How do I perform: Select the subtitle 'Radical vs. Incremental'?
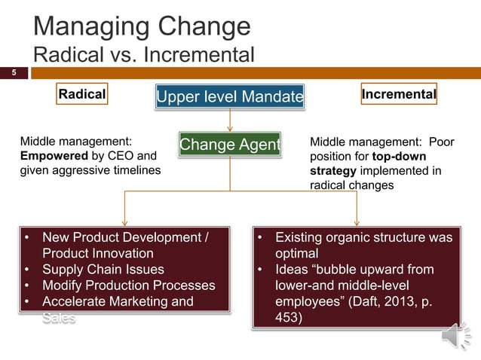(x=144, y=56)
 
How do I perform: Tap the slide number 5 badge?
(x=13, y=73)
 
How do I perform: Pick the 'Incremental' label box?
(x=399, y=94)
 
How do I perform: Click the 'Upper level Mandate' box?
(x=229, y=96)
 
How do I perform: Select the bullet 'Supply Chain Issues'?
(x=103, y=270)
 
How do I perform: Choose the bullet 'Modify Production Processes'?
(x=128, y=285)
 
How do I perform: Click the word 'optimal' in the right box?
(x=296, y=254)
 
